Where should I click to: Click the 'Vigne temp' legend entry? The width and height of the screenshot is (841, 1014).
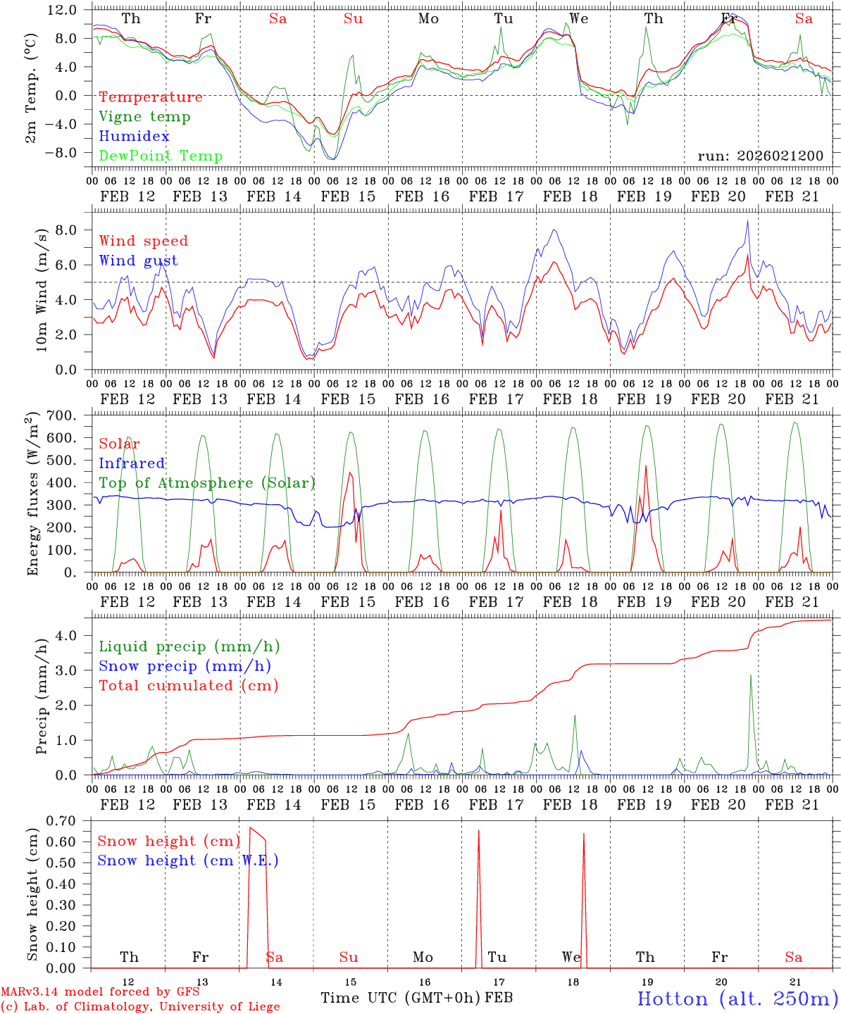144,117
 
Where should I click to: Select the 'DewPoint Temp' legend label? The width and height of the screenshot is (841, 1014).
161,156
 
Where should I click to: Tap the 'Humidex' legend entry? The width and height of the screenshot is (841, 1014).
134,137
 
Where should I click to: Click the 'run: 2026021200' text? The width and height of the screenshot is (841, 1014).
760,156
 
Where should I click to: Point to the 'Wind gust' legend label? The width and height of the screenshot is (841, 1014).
138,261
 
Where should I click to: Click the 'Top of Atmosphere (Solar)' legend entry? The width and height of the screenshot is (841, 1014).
207,483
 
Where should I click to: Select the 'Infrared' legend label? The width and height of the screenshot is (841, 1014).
132,463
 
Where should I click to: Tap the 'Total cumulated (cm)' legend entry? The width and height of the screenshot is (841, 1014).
189,685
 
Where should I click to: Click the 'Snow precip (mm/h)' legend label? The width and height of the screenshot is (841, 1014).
185,666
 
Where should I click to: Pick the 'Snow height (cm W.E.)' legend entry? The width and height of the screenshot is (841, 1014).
188,860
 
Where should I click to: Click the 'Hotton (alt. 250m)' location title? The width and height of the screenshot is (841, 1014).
737,999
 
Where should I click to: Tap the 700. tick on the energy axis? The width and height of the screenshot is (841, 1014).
61,415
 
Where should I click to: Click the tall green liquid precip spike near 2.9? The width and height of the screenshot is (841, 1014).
751,677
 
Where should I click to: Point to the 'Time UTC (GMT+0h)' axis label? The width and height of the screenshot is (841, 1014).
400,998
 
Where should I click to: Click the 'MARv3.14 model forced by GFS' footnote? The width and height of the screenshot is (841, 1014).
100,992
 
